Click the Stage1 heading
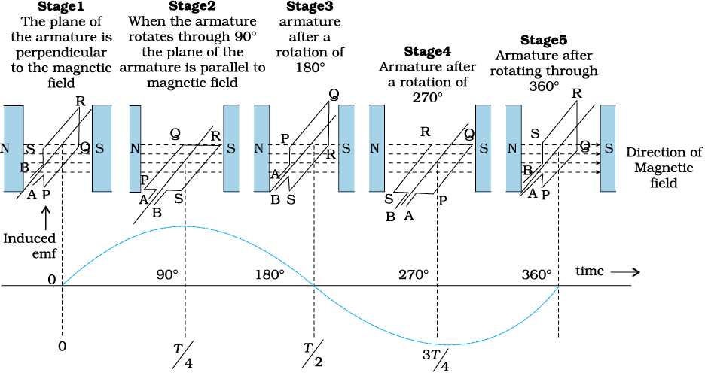[x=60, y=6]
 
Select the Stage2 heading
[x=192, y=6]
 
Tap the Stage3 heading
[x=310, y=6]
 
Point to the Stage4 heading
[x=427, y=51]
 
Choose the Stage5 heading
[x=544, y=40]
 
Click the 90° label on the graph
[x=167, y=274]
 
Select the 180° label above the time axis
[x=270, y=274]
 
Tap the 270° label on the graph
[x=414, y=274]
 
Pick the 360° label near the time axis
[x=536, y=274]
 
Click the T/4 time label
[x=183, y=355]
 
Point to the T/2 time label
[x=313, y=355]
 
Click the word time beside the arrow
[x=590, y=271]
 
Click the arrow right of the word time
[x=626, y=272]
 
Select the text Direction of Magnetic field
[x=664, y=168]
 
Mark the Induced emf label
[x=29, y=245]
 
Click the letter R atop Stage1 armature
[x=81, y=101]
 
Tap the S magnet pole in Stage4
[x=484, y=148]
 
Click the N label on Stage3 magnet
[x=258, y=148]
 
